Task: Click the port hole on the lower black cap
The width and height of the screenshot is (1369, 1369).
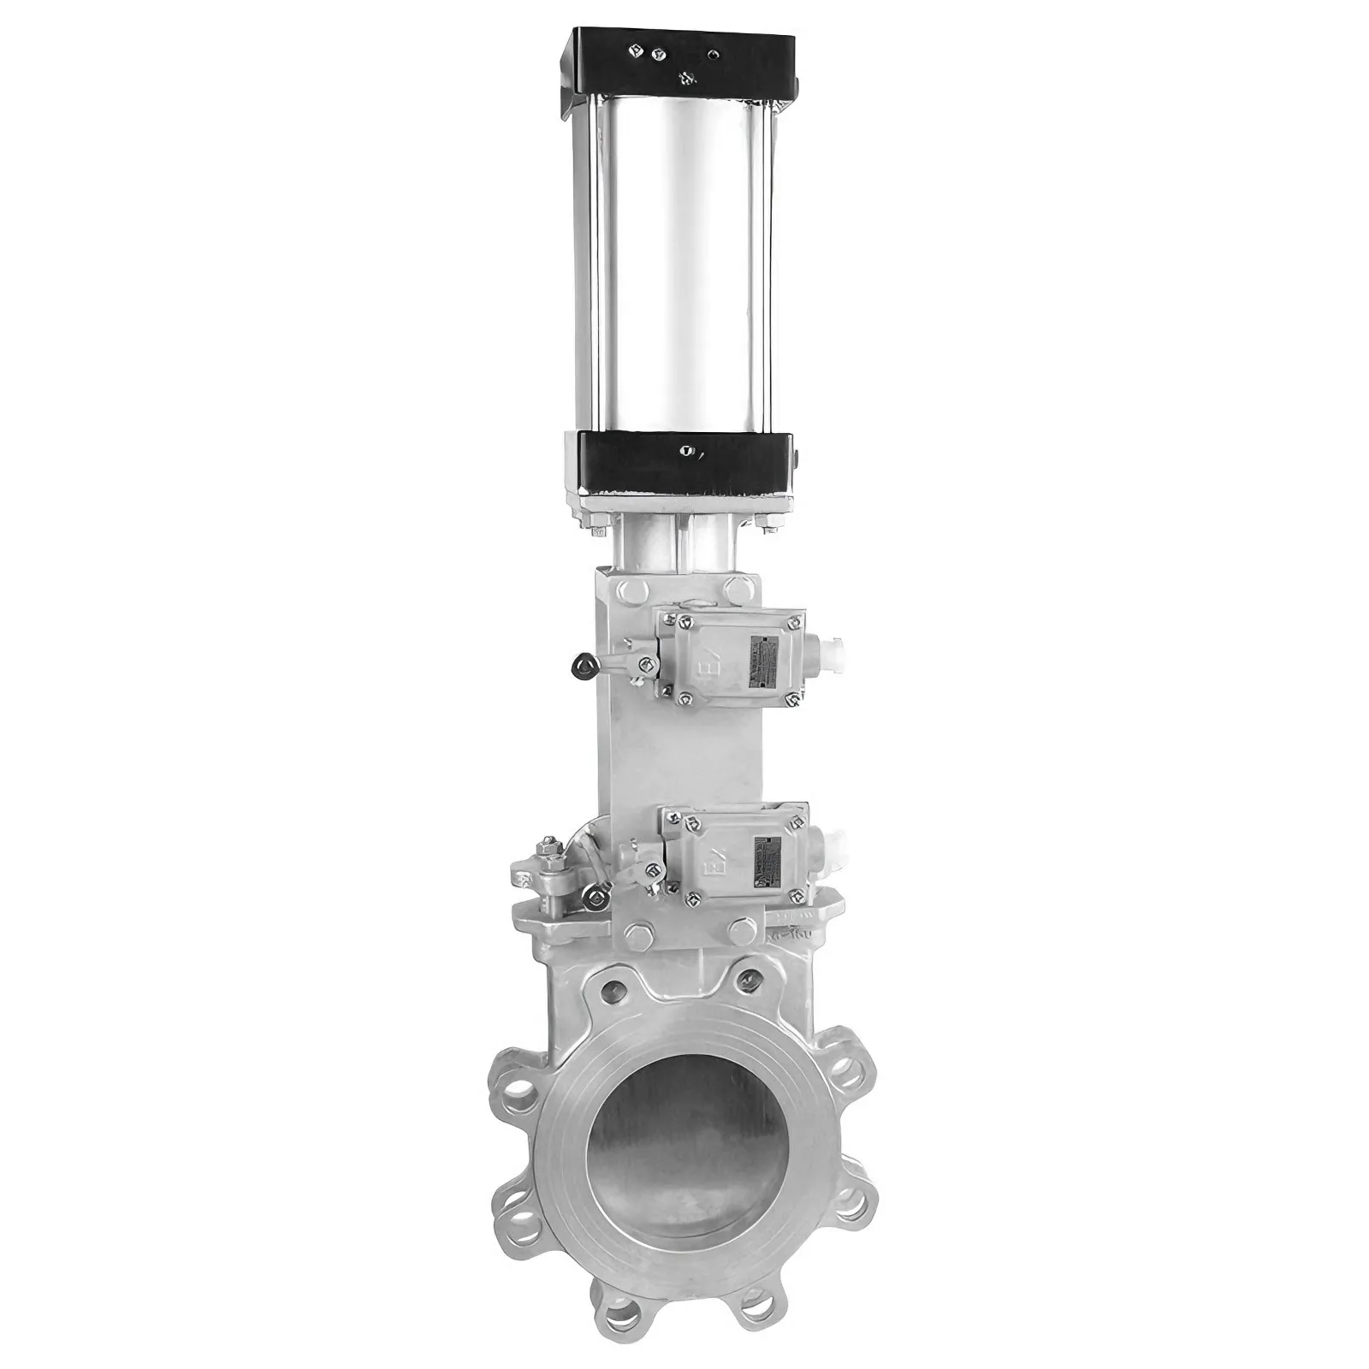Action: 685,450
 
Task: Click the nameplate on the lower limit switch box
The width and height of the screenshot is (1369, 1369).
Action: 767,856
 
